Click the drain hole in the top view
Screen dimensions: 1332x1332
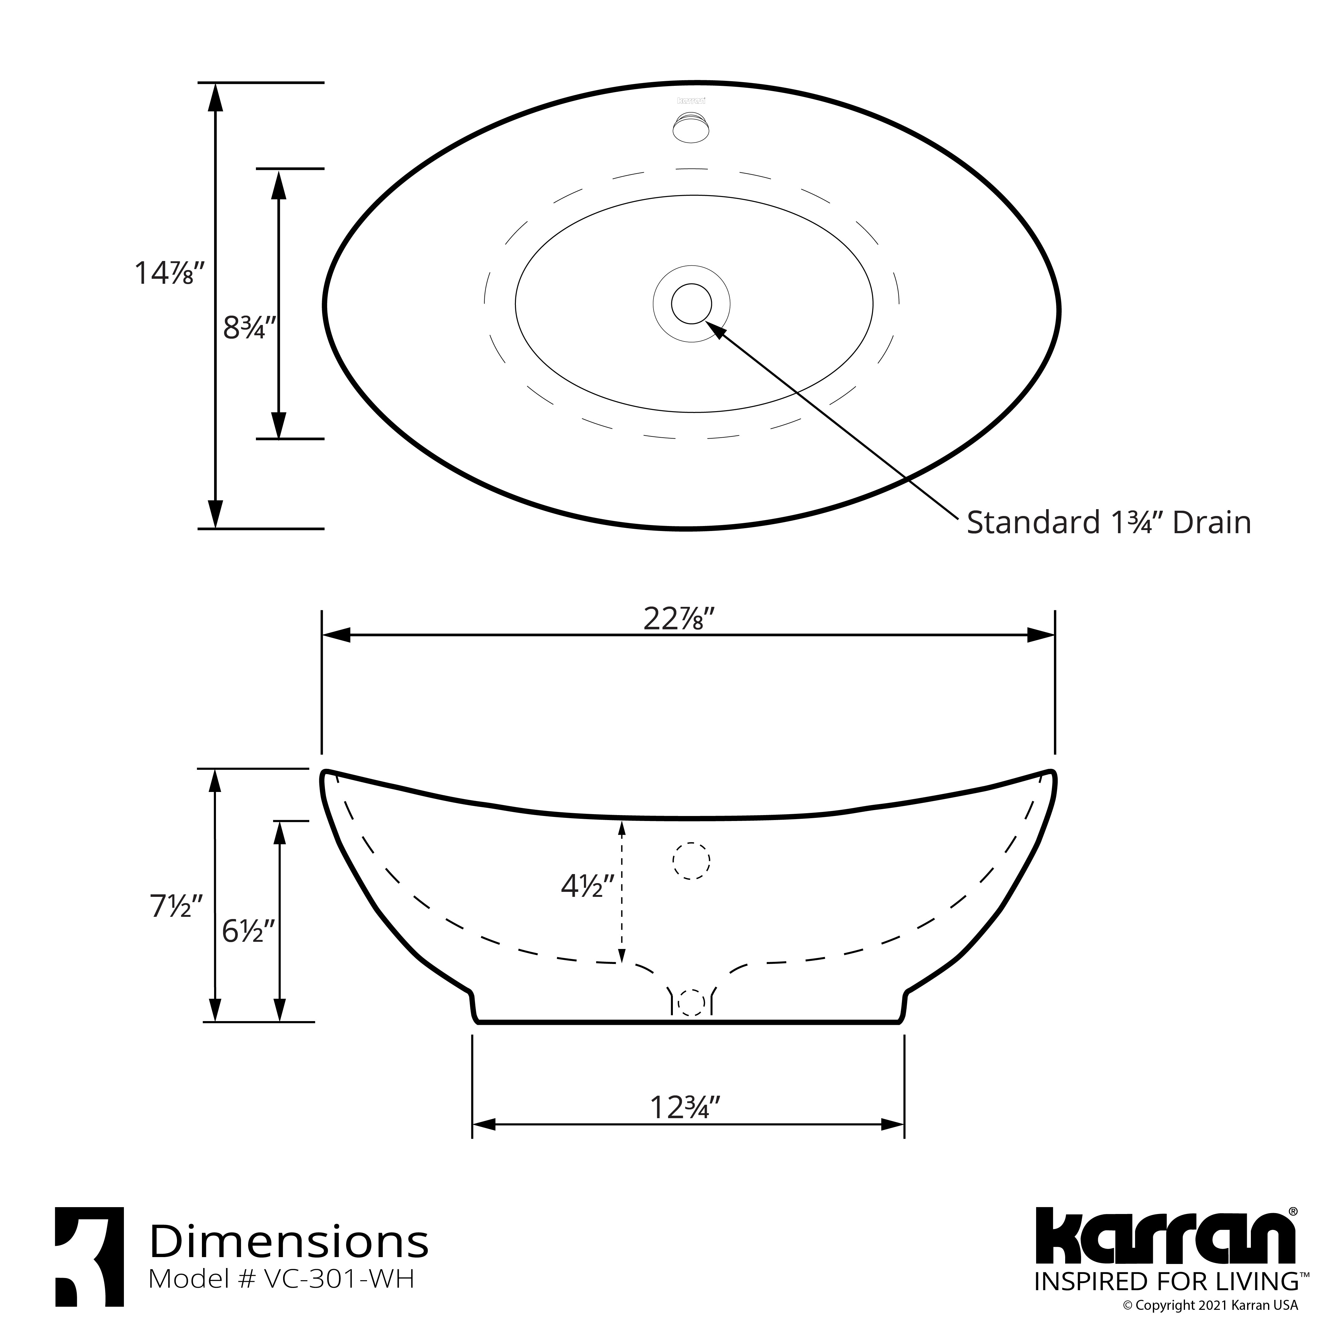692,303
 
